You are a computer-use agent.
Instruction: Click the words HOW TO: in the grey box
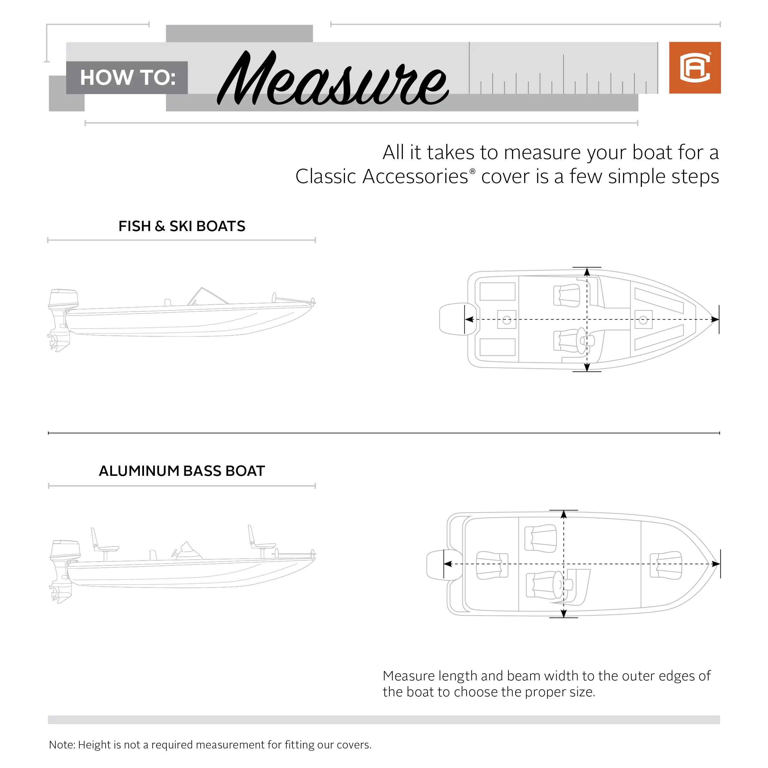tap(128, 78)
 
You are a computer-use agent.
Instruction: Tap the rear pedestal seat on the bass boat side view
tap(101, 543)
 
